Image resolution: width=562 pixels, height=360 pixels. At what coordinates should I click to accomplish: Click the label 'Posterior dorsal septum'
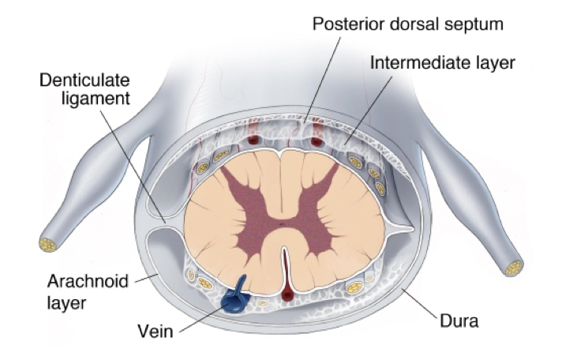(408, 24)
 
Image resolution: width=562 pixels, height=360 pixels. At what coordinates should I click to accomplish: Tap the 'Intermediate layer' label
(442, 62)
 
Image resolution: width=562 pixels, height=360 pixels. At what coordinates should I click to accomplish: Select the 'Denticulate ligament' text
(84, 89)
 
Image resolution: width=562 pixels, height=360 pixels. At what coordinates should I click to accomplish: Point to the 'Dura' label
(459, 321)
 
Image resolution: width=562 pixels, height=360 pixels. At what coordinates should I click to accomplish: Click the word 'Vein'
(155, 332)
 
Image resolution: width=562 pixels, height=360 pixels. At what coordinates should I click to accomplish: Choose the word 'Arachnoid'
(88, 281)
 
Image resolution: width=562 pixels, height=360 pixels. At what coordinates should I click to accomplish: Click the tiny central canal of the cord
(282, 224)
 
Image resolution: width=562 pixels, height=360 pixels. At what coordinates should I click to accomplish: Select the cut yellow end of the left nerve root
(48, 245)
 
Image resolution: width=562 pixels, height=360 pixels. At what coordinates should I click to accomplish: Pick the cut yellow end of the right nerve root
(514, 268)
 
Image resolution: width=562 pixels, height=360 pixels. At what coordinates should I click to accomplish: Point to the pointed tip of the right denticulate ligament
(414, 229)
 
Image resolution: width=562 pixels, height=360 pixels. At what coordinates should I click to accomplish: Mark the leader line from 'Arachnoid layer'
(146, 278)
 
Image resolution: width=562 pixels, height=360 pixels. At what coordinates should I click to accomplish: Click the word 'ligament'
(96, 99)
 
